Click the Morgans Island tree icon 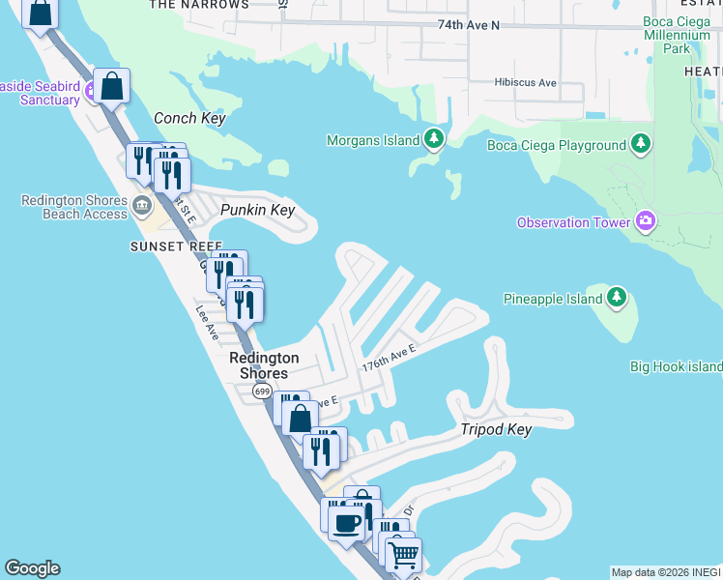click(435, 141)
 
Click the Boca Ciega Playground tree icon click(640, 145)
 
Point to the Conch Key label click(189, 118)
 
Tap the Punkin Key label click(256, 210)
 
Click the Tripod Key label click(495, 429)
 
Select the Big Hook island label click(676, 366)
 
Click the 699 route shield click(262, 391)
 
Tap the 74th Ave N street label click(468, 24)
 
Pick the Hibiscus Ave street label click(525, 83)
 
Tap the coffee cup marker click(346, 523)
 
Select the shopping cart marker click(402, 554)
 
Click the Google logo click(32, 568)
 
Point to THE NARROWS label click(199, 5)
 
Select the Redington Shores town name click(263, 365)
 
